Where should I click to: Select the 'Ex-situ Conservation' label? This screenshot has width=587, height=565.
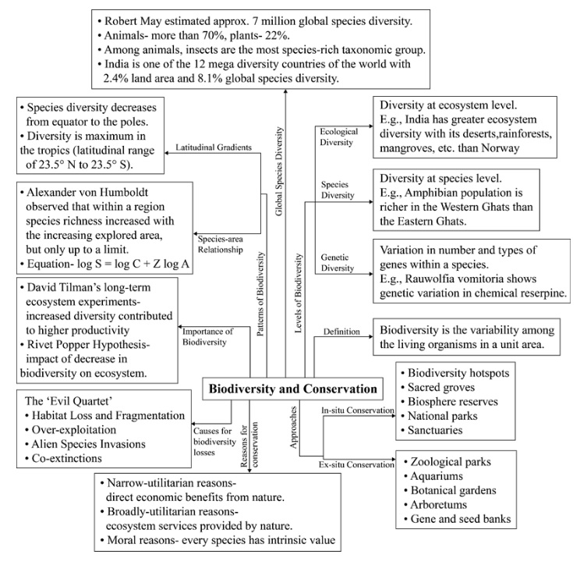[355, 464]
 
